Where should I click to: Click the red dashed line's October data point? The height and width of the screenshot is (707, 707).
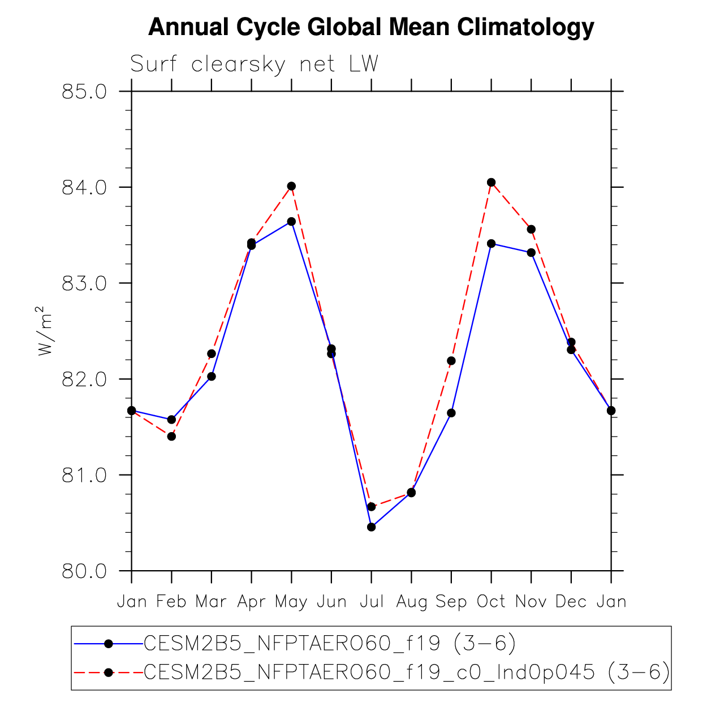point(491,182)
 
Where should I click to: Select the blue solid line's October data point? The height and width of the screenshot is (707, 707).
point(491,244)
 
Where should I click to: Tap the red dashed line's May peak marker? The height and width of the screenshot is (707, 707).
point(291,186)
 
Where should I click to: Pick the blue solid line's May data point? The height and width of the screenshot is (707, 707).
point(291,221)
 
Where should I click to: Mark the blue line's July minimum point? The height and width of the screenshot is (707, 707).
point(372,527)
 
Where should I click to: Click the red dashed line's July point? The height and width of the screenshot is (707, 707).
point(372,506)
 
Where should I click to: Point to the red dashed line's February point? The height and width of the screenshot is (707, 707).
point(171,436)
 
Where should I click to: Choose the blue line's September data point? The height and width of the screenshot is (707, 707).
point(451,413)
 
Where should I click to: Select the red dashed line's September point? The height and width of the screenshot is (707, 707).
point(451,360)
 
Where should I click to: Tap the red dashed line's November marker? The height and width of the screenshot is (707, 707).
point(531,229)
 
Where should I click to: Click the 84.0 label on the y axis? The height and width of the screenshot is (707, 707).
point(84,187)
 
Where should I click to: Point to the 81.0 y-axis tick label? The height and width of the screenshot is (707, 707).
point(84,475)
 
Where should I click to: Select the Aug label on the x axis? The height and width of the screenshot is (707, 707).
point(411,602)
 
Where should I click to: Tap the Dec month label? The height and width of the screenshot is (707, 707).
point(571,602)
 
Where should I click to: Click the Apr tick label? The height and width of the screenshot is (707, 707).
point(251,602)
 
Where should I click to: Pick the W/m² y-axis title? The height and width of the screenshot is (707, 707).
point(45,331)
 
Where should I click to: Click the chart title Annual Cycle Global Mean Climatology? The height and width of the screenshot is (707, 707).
point(371,27)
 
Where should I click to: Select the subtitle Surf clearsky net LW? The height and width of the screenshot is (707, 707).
point(254,64)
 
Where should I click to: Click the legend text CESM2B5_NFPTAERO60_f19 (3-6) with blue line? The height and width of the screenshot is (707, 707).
point(330,643)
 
